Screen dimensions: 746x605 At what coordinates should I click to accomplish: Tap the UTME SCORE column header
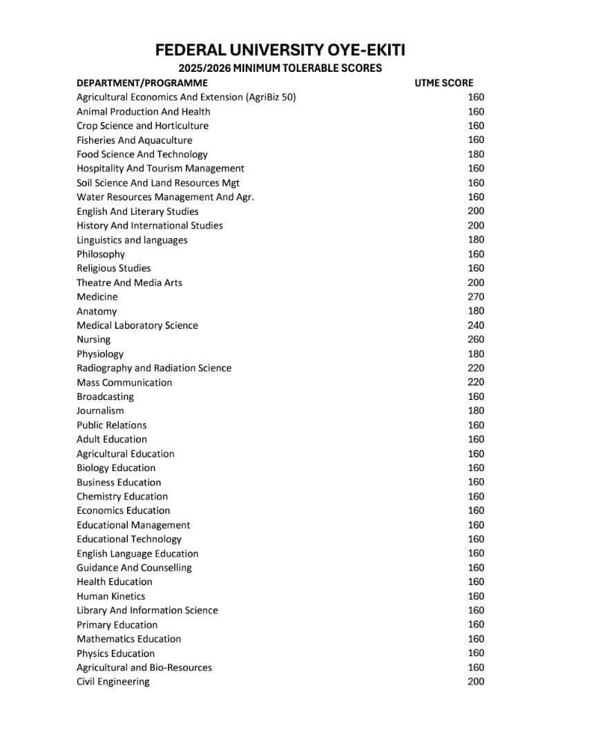pos(444,83)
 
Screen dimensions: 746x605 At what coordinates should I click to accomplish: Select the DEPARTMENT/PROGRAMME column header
pos(142,83)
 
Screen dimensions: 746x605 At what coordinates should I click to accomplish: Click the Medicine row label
pos(97,297)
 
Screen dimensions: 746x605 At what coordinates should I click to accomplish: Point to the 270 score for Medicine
pos(476,297)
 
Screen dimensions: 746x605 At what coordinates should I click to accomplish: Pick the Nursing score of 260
pos(476,339)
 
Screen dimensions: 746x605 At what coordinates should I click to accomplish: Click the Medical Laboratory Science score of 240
pos(476,325)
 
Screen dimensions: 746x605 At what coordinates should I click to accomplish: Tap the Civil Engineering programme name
pos(113,682)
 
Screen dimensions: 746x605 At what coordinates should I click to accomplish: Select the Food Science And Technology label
pos(142,155)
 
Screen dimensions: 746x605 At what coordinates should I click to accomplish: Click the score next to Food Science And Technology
pos(476,155)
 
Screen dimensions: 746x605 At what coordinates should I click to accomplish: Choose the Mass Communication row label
pos(124,383)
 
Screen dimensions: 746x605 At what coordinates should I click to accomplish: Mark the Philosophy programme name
pos(101,254)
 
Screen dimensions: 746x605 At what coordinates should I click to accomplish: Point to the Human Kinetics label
pos(111,596)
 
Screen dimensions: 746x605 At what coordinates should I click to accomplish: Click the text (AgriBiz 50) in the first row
pos(271,97)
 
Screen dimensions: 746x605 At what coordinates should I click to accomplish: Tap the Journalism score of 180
pos(476,411)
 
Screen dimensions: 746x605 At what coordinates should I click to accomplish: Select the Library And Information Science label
pos(147,611)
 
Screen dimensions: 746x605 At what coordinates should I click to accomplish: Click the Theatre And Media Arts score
pos(476,283)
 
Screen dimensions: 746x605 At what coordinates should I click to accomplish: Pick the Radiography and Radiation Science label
pos(154,368)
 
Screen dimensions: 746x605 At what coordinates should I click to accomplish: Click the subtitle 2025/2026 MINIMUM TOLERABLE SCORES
pos(280,68)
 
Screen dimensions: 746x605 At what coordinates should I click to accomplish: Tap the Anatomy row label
pos(97,312)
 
